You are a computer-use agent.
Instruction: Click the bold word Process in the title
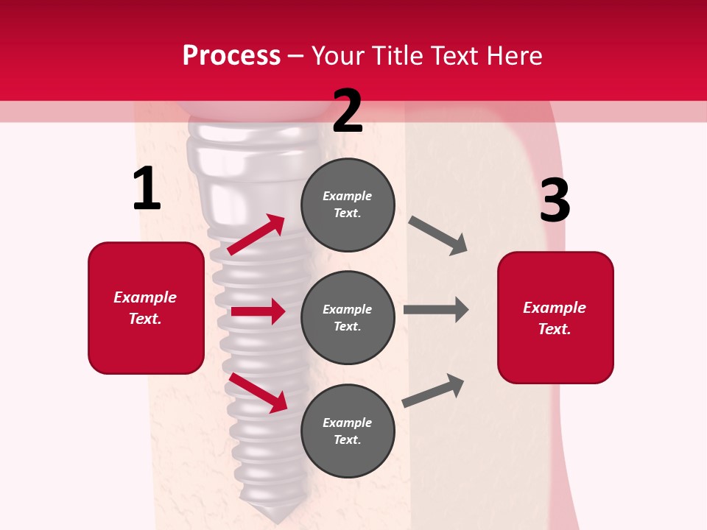(x=231, y=55)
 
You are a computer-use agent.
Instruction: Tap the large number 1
(x=147, y=189)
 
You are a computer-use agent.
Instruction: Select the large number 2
(x=348, y=111)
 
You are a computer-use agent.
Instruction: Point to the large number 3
(x=555, y=200)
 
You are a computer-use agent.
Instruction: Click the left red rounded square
(x=146, y=308)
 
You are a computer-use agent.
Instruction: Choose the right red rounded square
(x=555, y=317)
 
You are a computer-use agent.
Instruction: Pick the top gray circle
(x=348, y=205)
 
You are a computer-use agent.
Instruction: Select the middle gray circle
(x=348, y=317)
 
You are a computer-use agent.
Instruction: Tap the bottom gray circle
(x=348, y=431)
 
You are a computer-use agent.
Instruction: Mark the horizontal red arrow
(x=258, y=311)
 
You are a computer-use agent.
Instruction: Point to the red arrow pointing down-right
(x=258, y=393)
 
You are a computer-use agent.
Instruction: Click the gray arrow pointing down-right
(x=437, y=236)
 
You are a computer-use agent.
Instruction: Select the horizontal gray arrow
(x=436, y=309)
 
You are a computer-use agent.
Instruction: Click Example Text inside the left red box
(x=145, y=308)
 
